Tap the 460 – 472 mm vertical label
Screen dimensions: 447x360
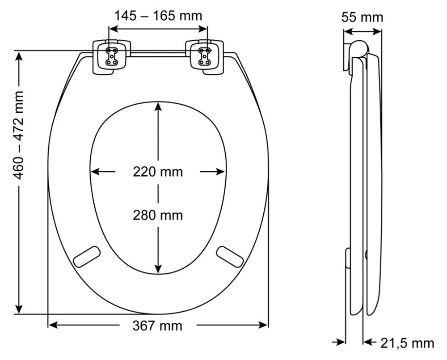pyautogui.click(x=19, y=135)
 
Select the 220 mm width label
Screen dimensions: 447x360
pyautogui.click(x=158, y=172)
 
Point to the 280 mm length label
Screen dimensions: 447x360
pyautogui.click(x=158, y=215)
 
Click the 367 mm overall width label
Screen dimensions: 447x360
pyautogui.click(x=157, y=326)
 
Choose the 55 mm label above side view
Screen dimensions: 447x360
pyautogui.click(x=363, y=17)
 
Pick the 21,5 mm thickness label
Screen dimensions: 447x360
pyautogui.click(x=408, y=343)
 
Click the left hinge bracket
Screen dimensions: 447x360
pyautogui.click(x=112, y=57)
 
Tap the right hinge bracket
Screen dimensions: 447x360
pyautogui.click(x=204, y=57)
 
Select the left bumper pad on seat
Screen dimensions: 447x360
pyautogui.click(x=87, y=257)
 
